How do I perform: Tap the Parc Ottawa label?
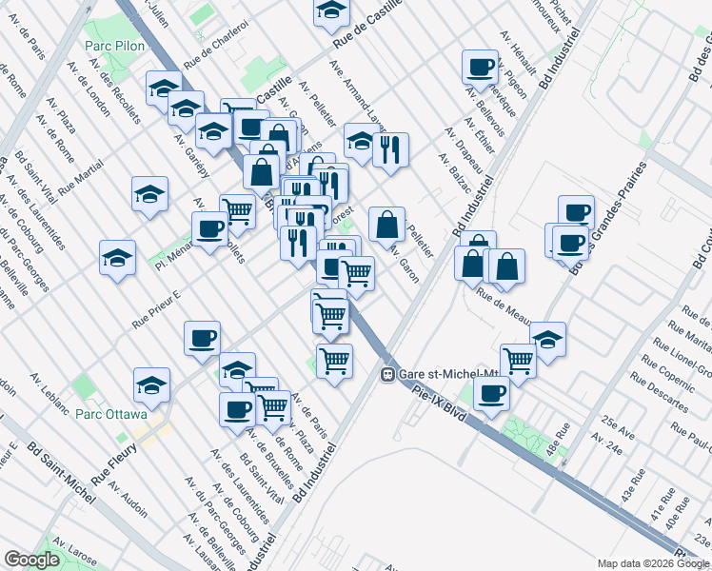(x=111, y=415)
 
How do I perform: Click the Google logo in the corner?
(x=31, y=560)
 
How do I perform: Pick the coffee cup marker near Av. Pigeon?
(x=480, y=68)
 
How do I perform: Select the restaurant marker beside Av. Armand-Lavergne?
(x=390, y=149)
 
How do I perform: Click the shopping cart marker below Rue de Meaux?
(x=518, y=361)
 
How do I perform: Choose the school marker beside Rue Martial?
(x=150, y=195)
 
